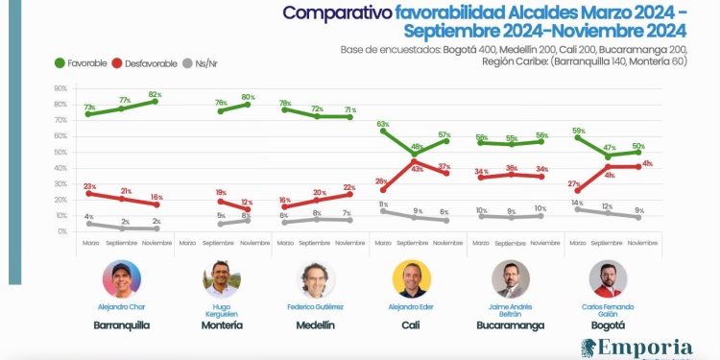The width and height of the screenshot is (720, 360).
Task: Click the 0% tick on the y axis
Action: [x=61, y=231]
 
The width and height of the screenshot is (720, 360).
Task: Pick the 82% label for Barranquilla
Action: [x=154, y=94]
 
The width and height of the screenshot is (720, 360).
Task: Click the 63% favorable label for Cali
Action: [x=383, y=124]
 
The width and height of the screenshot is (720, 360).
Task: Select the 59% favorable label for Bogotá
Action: [x=578, y=130]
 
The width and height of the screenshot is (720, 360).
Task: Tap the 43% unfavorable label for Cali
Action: [x=419, y=169]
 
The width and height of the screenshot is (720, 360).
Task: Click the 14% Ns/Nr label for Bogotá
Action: [x=576, y=203]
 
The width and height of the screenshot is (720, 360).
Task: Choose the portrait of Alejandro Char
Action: [x=121, y=279]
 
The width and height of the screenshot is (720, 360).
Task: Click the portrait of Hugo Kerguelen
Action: [x=221, y=279]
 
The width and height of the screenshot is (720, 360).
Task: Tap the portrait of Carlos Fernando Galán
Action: [x=608, y=279]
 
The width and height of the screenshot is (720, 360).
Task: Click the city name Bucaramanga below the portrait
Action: [x=511, y=324]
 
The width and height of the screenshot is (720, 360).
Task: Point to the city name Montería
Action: [x=221, y=324]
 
